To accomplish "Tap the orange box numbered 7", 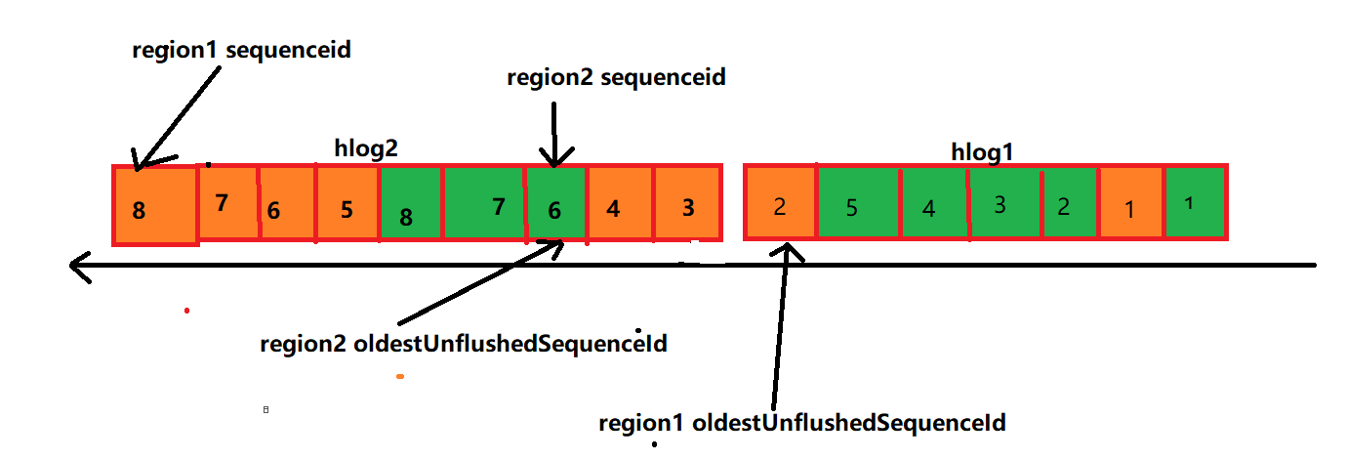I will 227,202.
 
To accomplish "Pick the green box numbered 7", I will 484,202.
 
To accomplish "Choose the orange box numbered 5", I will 347,202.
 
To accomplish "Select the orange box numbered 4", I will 619,203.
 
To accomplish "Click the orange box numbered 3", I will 687,203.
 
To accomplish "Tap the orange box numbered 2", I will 780,203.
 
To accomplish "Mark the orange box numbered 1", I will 1131,203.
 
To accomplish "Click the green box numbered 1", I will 1195,202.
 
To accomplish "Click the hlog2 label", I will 366,148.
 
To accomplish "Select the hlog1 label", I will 984,151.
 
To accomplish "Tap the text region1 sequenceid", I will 241,51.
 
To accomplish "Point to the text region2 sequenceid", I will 616,77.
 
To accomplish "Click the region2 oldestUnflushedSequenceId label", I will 464,344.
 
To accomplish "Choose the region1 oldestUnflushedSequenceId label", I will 801,423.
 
